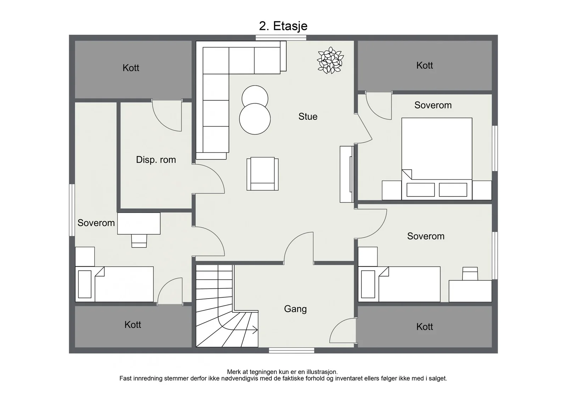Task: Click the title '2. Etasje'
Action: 283,26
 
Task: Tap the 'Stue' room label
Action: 308,117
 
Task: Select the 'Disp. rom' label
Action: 156,160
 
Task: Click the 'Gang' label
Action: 296,309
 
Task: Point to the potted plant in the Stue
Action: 330,60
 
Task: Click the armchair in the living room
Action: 263,174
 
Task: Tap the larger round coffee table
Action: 255,119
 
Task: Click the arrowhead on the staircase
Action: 256,330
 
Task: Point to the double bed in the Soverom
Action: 437,159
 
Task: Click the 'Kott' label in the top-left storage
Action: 131,68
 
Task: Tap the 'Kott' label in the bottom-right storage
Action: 425,327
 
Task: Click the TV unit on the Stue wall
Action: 347,174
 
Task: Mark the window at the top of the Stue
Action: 281,38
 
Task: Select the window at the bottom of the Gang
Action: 291,350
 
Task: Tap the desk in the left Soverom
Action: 139,224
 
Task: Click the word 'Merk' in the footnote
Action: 234,372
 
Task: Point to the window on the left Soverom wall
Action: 72,210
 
